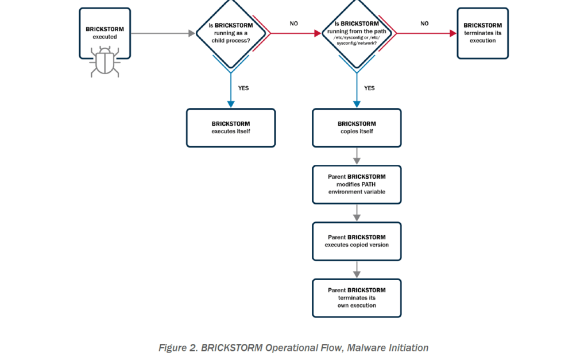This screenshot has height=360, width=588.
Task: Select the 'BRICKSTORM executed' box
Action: pyautogui.click(x=105, y=32)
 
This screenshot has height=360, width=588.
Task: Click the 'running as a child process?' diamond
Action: pyautogui.click(x=231, y=33)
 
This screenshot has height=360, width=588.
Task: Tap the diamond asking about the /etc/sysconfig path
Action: pyautogui.click(x=357, y=33)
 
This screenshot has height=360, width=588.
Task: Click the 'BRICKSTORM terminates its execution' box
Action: pyautogui.click(x=482, y=33)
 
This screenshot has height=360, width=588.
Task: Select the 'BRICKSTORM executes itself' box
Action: pyautogui.click(x=230, y=127)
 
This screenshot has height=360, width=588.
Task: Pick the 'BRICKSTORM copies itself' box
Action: pyautogui.click(x=357, y=127)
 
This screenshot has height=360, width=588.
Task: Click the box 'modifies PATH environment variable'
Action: pyautogui.click(x=357, y=184)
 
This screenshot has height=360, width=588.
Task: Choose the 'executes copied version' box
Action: pyautogui.click(x=357, y=241)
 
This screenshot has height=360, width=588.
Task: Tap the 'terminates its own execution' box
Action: pyautogui.click(x=357, y=297)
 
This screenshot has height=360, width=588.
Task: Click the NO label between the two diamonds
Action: pyautogui.click(x=293, y=24)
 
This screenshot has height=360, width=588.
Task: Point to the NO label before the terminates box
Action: pyautogui.click(x=424, y=24)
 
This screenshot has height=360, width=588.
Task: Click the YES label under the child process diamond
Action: pyautogui.click(x=243, y=88)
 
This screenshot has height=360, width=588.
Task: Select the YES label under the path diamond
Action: pyautogui.click(x=369, y=88)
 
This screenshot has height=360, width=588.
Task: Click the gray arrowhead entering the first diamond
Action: pyautogui.click(x=192, y=33)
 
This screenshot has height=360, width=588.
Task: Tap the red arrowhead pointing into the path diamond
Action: pyautogui.click(x=317, y=33)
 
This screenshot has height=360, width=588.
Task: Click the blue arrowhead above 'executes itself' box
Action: pyautogui.click(x=231, y=104)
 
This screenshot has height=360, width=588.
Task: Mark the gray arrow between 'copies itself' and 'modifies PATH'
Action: pyautogui.click(x=357, y=156)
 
